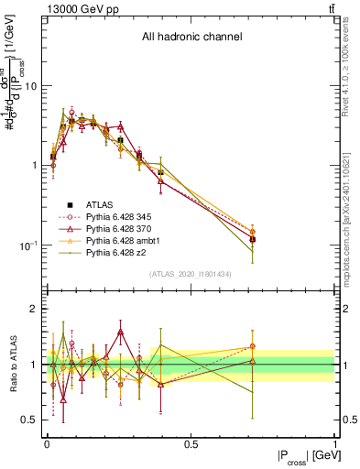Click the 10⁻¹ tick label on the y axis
pos(29,245)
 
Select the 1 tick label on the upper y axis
pos(36,166)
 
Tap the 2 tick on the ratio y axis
pos(36,310)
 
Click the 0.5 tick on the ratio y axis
pos(31,420)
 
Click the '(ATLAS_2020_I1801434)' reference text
pos(191,274)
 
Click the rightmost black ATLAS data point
pos(252,239)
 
